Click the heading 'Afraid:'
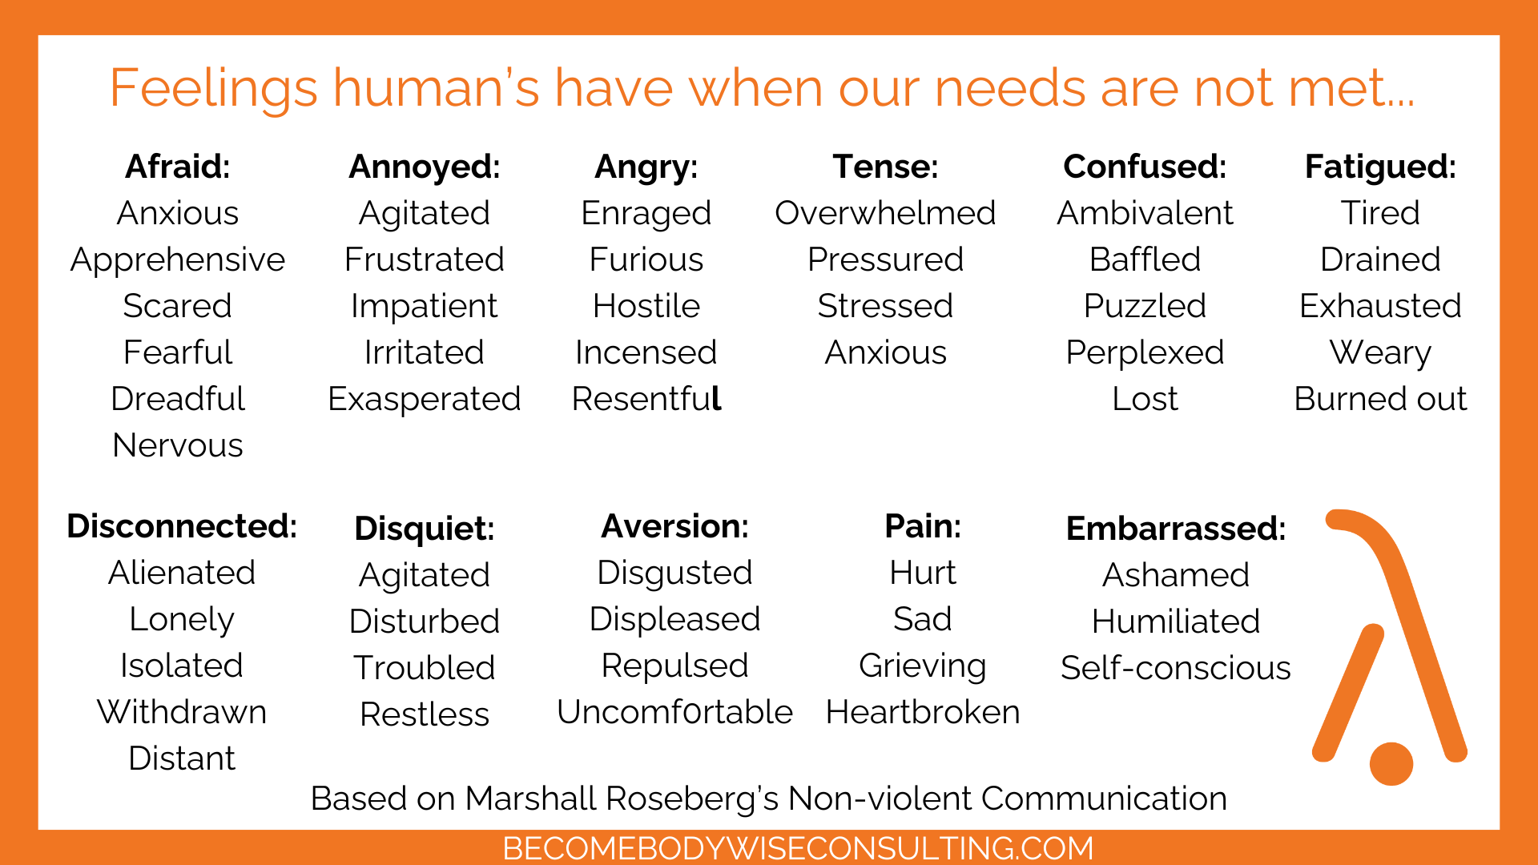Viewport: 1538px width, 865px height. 178,167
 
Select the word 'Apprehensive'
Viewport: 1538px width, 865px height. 178,260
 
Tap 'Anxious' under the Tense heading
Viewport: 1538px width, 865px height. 885,352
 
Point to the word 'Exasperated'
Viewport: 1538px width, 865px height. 425,400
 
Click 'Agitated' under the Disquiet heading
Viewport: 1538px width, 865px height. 425,576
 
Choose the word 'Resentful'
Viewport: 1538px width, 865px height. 646,398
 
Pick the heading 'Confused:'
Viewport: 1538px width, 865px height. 1145,167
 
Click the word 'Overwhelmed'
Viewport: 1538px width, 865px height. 885,213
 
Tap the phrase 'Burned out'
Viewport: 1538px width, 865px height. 1380,399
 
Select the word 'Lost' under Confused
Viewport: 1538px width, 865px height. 1145,399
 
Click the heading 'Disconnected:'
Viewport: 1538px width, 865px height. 182,526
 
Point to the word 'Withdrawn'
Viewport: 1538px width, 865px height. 182,712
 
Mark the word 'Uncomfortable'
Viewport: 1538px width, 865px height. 674,712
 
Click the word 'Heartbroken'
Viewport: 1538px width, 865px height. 923,712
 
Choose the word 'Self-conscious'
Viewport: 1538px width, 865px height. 1175,668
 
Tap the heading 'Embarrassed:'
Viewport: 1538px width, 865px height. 1175,529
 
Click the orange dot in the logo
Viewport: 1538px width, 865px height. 1391,764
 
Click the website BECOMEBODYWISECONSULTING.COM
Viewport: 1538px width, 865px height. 798,848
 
